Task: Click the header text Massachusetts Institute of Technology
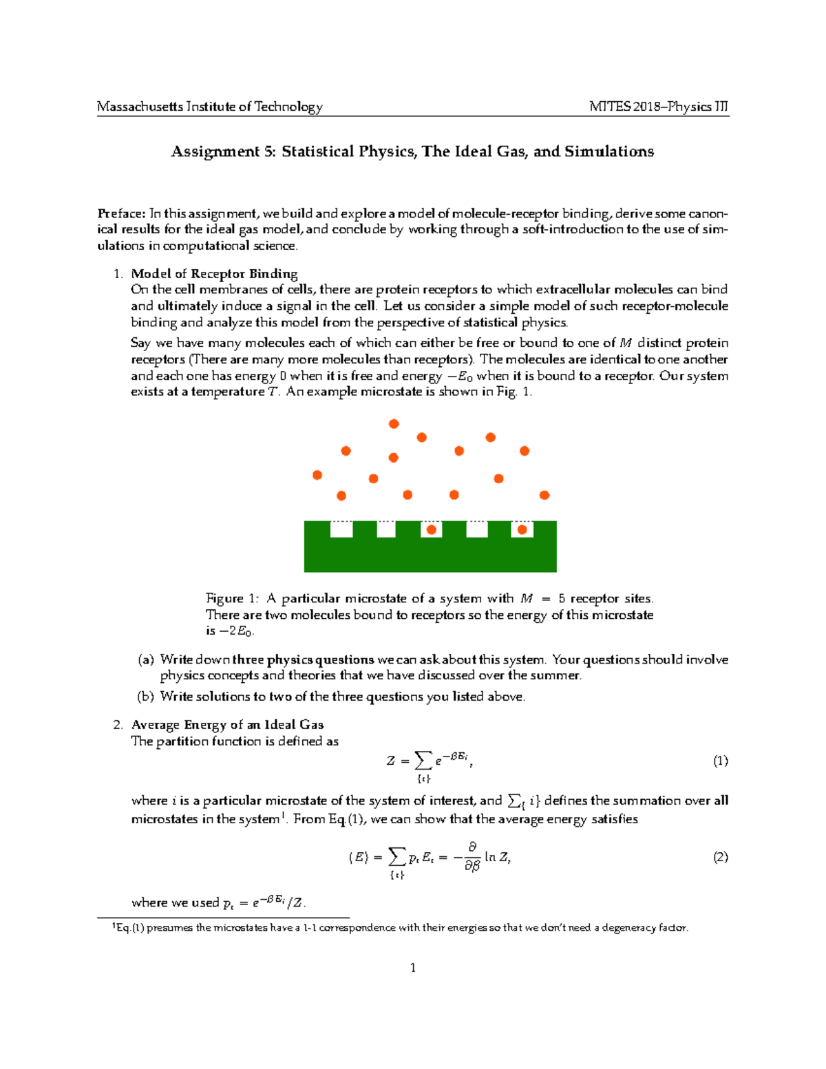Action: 209,107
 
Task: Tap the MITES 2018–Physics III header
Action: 659,107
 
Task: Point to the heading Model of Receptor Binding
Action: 214,274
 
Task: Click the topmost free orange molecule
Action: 394,424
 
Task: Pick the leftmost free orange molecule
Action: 317,475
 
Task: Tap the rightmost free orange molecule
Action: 544,495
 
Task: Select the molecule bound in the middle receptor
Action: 432,529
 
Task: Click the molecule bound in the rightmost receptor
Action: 522,529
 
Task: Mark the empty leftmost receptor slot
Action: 341,529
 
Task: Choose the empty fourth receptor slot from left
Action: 477,529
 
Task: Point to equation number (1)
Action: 720,761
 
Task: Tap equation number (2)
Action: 720,858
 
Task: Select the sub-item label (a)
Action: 146,660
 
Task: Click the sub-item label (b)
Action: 146,697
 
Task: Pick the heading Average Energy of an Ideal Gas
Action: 227,725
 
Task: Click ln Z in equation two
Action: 497,858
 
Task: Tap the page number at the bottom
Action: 413,969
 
